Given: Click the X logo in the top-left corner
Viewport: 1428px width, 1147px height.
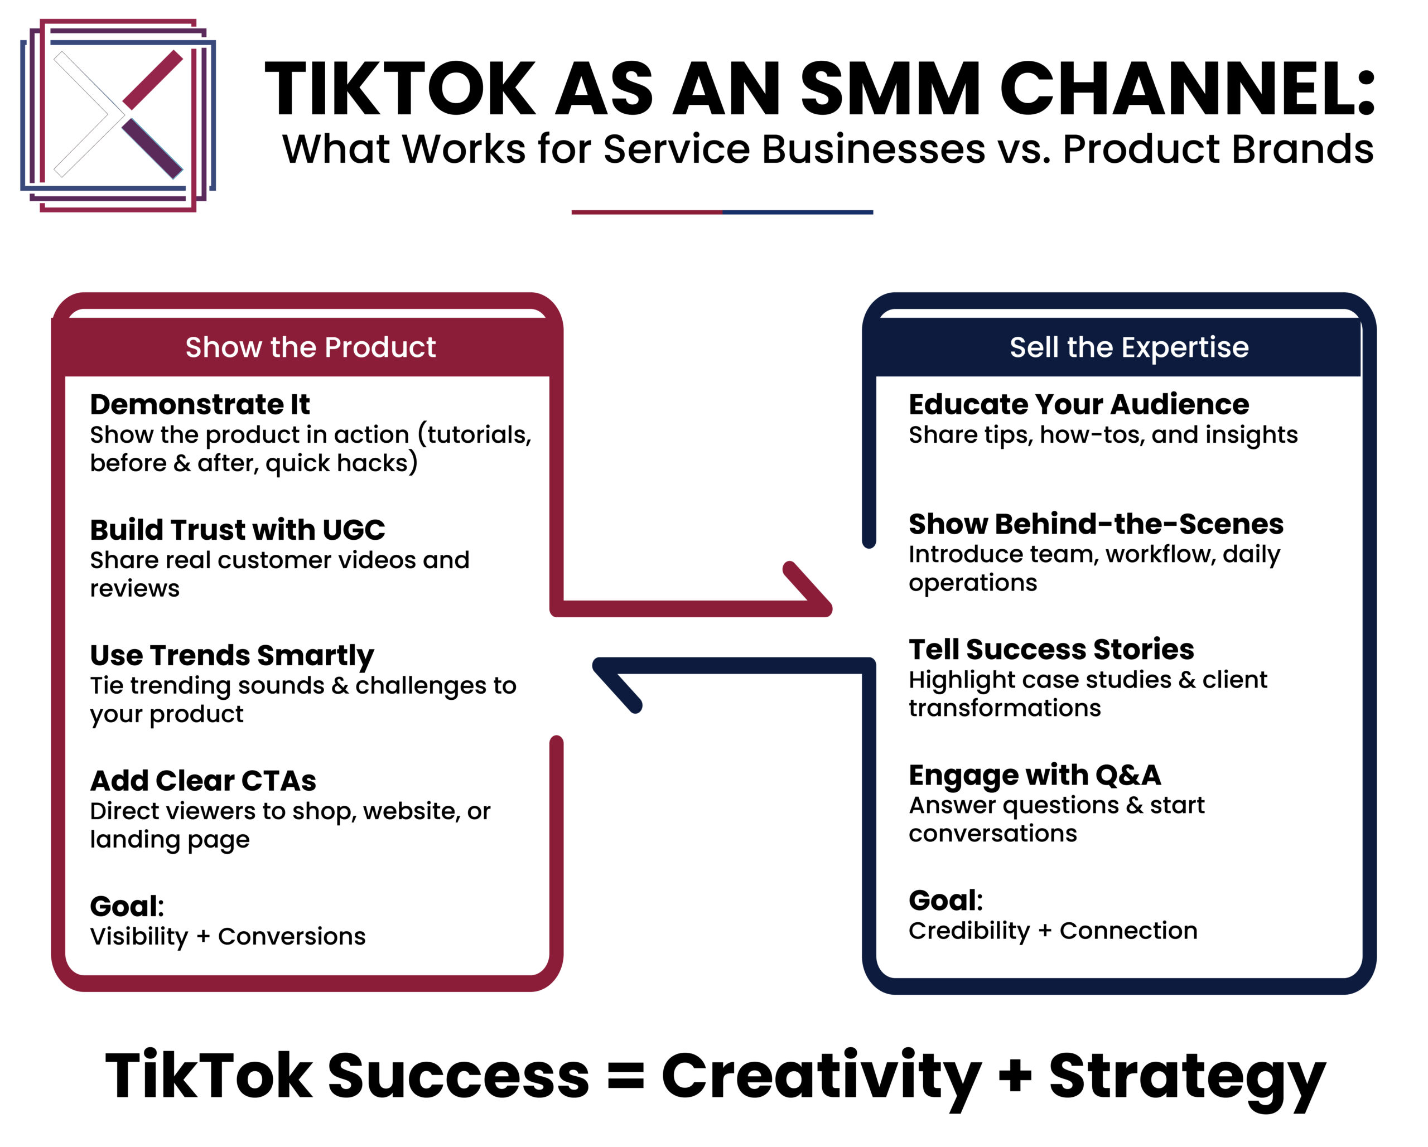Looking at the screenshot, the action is pyautogui.click(x=118, y=115).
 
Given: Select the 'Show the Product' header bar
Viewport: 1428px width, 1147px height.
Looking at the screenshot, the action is pyautogui.click(x=307, y=347).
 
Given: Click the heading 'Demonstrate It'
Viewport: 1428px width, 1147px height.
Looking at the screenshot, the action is pyautogui.click(x=200, y=404).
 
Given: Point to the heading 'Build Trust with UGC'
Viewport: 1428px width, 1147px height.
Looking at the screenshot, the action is pyautogui.click(x=238, y=530).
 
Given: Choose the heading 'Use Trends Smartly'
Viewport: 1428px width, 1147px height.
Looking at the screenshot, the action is pyautogui.click(x=232, y=656).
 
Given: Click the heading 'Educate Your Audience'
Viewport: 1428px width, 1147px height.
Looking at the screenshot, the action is pyautogui.click(x=1079, y=404).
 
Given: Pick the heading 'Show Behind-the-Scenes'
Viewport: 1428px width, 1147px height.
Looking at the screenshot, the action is pyautogui.click(x=1096, y=524).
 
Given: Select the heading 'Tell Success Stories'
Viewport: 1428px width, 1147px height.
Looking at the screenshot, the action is pyautogui.click(x=1051, y=649).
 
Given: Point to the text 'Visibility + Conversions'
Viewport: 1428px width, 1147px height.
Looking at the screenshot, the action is pyautogui.click(x=228, y=936).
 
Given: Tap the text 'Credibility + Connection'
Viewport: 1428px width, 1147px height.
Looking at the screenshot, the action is pyautogui.click(x=1053, y=931).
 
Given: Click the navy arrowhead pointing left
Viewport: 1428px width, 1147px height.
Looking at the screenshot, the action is pyautogui.click(x=616, y=685).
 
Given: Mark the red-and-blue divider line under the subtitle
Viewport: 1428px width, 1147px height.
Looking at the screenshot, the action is pyautogui.click(x=722, y=212).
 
